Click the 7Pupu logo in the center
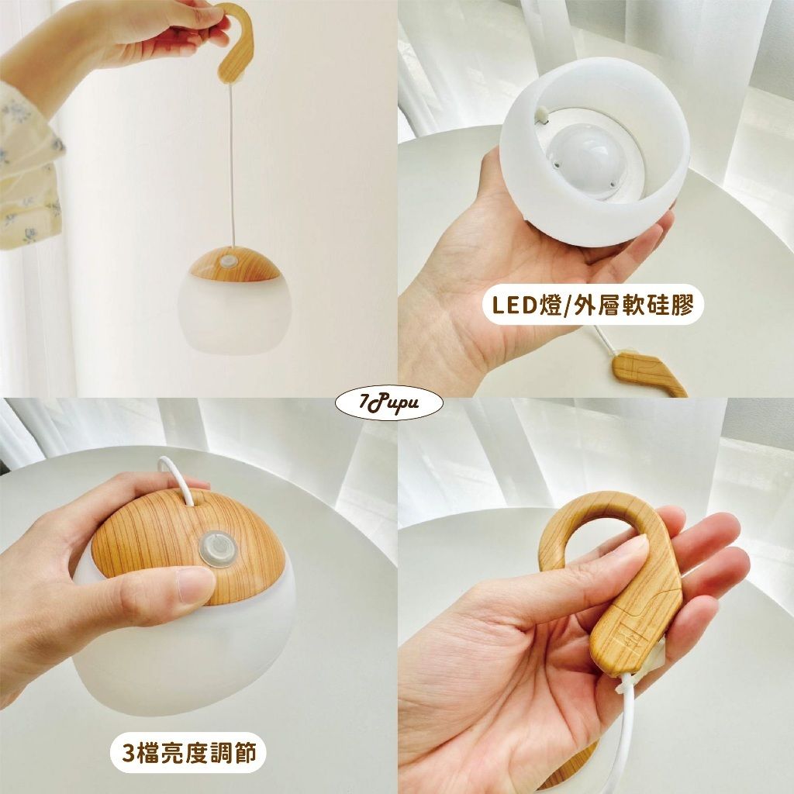coord(389,403)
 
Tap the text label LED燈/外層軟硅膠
coord(593,304)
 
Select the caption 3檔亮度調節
coord(188,752)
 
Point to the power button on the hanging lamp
coord(229,262)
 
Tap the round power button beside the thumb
coord(216,549)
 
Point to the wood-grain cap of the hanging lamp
coord(235,264)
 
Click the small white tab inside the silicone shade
coord(543,114)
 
